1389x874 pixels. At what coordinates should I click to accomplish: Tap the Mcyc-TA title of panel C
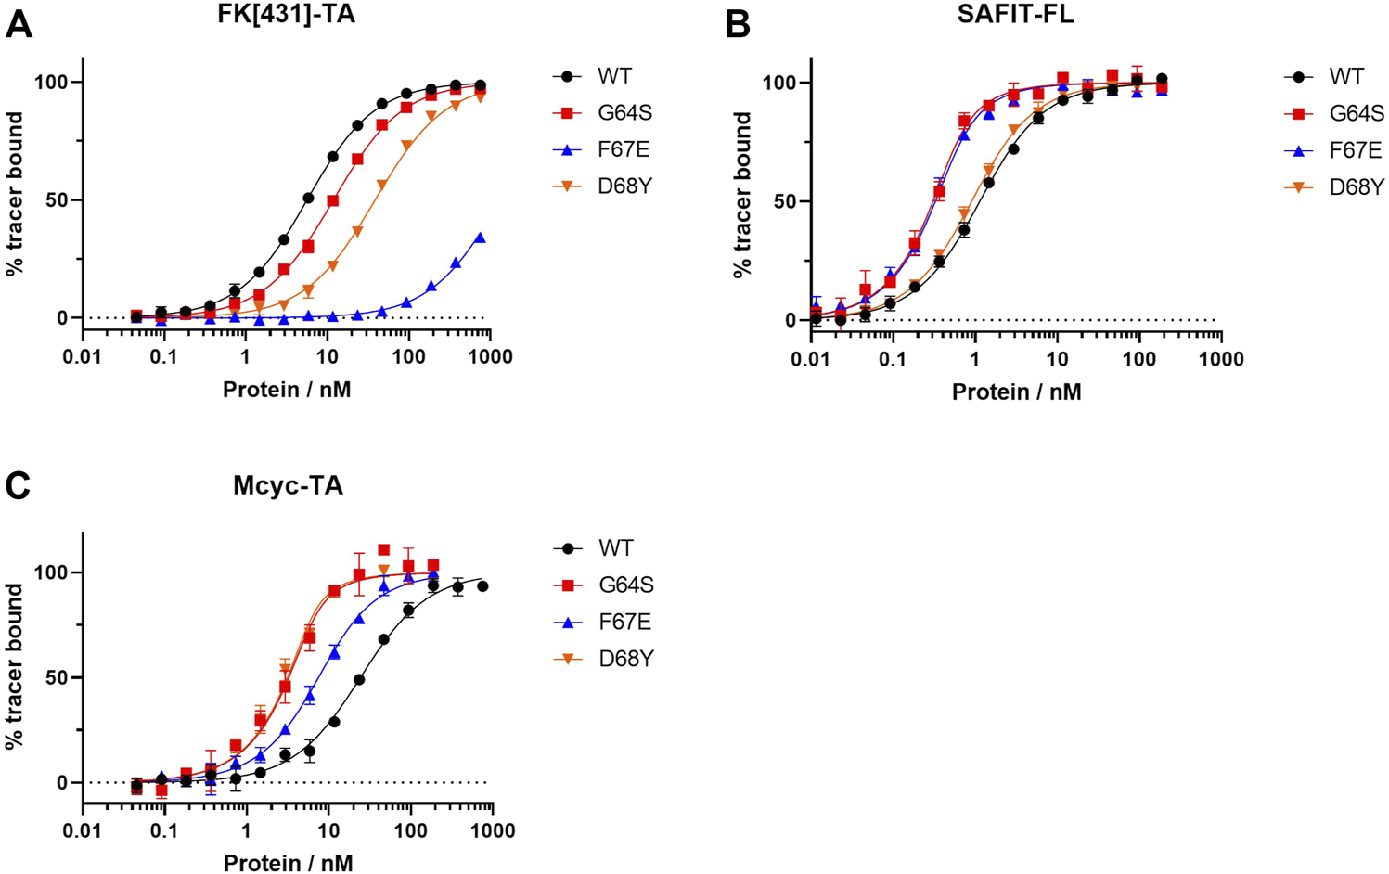[288, 485]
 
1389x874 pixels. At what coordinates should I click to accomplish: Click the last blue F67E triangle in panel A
[480, 238]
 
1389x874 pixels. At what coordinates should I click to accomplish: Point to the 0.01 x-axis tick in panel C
[83, 830]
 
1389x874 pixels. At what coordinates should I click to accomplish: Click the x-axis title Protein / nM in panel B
[1016, 392]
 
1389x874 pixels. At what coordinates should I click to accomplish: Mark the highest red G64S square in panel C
[383, 550]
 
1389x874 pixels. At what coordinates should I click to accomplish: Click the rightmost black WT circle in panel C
[482, 586]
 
